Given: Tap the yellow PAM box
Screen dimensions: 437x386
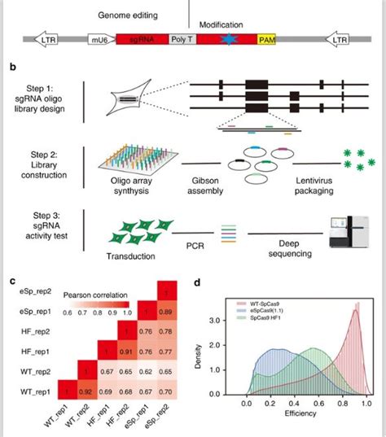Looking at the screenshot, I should point(266,38).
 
